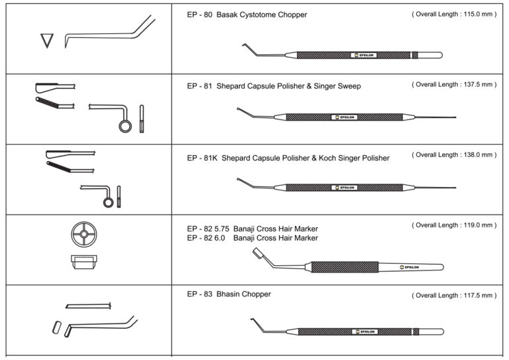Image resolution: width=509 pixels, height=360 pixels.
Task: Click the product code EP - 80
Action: click(199, 15)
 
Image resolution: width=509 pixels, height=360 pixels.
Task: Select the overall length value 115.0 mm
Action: click(472, 14)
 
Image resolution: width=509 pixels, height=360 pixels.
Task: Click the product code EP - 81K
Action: click(201, 158)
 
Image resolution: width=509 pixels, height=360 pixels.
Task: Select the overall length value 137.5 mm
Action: click(472, 85)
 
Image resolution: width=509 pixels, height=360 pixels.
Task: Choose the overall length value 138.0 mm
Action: click(472, 154)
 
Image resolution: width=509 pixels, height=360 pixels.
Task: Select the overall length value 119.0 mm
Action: click(472, 225)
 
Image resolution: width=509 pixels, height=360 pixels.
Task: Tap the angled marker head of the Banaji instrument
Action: click(257, 253)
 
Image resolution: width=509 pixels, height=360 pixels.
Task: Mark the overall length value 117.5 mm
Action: click(472, 295)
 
